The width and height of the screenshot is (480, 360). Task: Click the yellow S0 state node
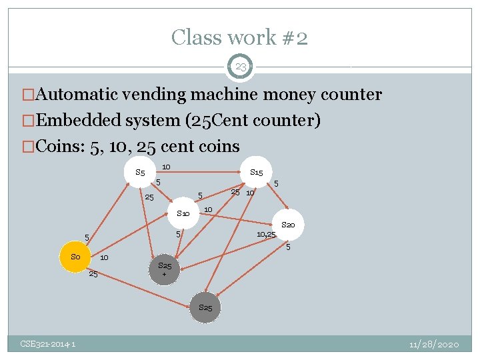(x=75, y=257)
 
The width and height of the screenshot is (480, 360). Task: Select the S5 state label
(x=140, y=173)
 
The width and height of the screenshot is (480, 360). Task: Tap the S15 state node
(x=256, y=173)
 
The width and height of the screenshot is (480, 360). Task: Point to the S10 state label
(x=183, y=213)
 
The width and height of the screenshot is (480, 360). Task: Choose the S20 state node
(x=288, y=225)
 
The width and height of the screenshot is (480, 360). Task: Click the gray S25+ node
(x=165, y=269)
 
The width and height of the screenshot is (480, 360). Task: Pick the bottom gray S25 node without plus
(x=205, y=308)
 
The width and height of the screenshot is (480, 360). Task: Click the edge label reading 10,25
(x=267, y=234)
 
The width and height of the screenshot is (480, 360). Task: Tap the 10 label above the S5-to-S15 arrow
(x=166, y=166)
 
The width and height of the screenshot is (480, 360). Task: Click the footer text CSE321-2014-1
(x=47, y=344)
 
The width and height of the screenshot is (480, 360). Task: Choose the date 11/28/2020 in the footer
(x=434, y=344)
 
